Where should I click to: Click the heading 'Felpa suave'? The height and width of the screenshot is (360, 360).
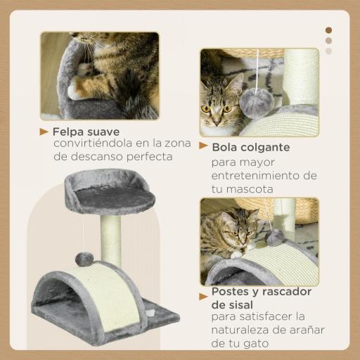tap(86, 131)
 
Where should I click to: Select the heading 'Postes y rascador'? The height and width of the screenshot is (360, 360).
tap(261, 292)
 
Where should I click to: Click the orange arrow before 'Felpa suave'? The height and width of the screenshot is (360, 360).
tap(44, 131)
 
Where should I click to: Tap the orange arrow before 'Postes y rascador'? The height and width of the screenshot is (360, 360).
tap(204, 292)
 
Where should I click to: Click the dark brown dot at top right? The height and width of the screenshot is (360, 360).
tap(328, 30)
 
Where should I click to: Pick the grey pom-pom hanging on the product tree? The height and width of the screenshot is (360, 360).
tap(84, 259)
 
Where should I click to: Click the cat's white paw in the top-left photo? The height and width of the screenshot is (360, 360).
tap(84, 70)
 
